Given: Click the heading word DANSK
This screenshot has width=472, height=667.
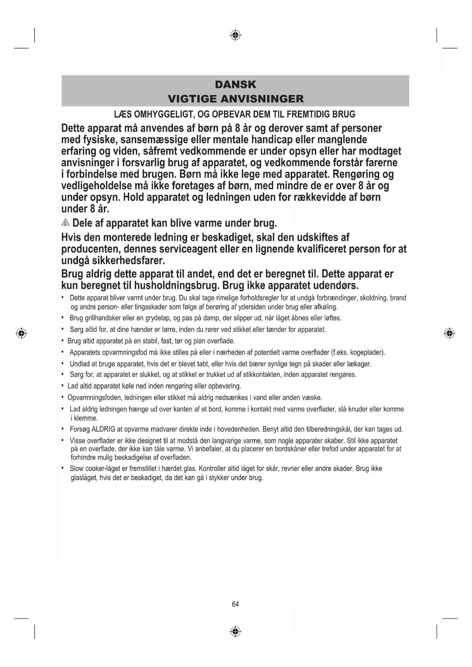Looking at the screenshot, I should [235, 84].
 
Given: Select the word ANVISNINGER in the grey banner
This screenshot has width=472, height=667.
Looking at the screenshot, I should [262, 99].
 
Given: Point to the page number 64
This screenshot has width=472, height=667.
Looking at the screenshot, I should [235, 604].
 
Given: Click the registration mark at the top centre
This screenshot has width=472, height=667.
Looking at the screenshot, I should [236, 35].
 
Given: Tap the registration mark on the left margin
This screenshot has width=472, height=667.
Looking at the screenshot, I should [22, 333].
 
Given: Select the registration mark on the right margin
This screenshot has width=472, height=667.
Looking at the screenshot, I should [450, 333].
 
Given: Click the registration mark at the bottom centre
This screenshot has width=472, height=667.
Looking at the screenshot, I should [236, 632].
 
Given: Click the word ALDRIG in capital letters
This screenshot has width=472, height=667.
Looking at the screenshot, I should [103, 429].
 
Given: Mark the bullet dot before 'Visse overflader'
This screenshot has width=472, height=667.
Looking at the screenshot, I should [62, 440].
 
